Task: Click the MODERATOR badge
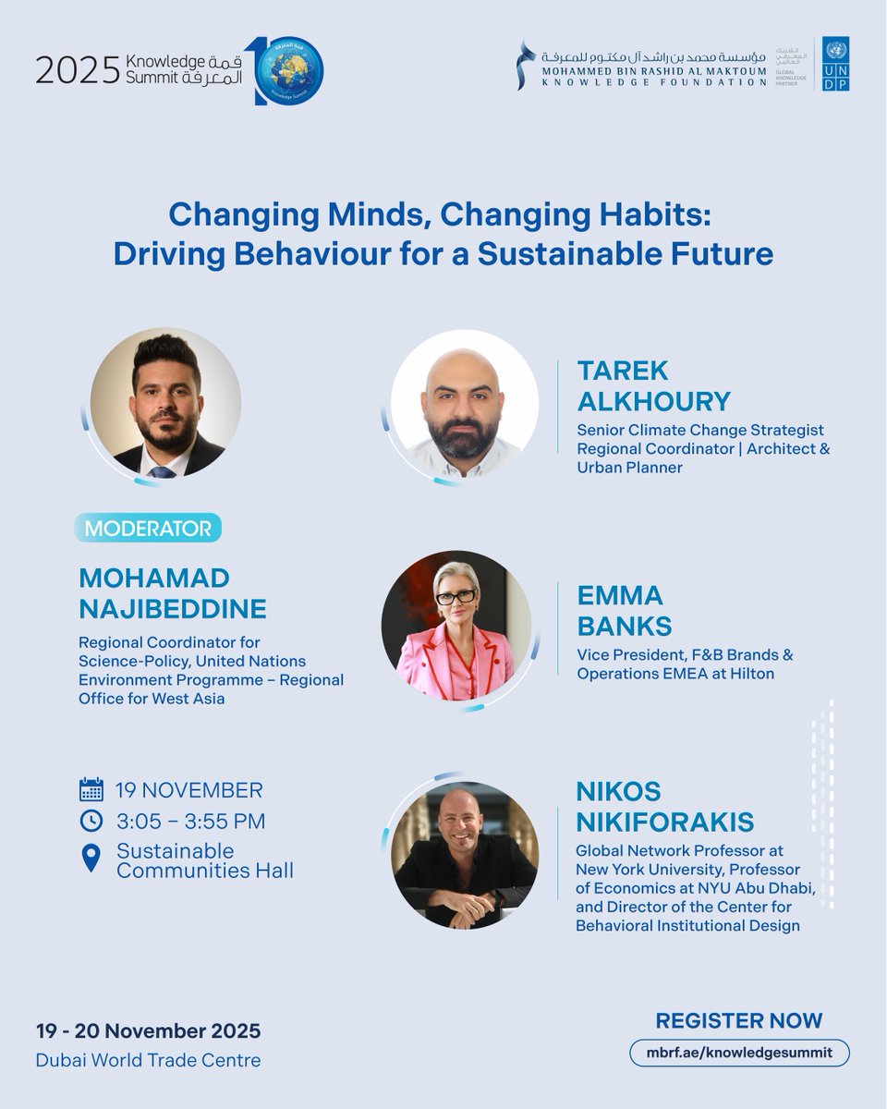pos(148,529)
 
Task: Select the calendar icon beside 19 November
pos(91,790)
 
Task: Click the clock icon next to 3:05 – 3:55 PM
pos(91,821)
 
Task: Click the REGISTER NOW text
pos(738,1020)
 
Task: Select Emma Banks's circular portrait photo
pos(456,626)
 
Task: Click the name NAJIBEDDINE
pos(173,609)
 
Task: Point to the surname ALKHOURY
pos(653,401)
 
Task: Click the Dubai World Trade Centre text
pos(148,1060)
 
